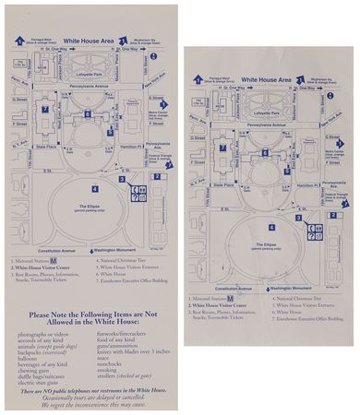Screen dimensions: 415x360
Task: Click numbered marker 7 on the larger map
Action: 43,109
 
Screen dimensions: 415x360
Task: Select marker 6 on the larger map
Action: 86,113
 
